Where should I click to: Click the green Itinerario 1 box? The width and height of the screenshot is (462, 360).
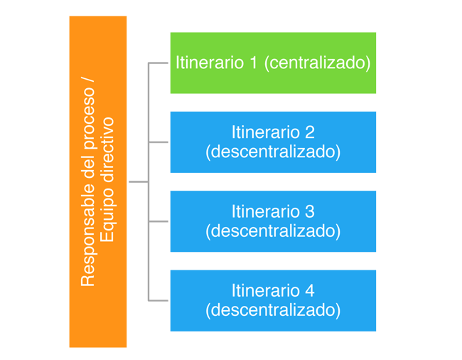273,63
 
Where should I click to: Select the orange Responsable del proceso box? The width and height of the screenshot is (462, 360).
98,182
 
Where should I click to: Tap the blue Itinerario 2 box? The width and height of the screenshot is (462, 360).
273,142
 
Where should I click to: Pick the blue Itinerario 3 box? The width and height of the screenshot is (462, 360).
273,221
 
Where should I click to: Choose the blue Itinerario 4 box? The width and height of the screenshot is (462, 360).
273,300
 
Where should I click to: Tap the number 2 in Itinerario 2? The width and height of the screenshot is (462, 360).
309,132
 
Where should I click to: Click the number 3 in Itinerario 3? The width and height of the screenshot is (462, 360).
309,211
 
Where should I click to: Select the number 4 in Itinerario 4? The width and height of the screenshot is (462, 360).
309,291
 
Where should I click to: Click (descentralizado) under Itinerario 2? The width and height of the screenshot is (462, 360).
273,152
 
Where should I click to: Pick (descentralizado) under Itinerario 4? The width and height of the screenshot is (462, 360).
273,310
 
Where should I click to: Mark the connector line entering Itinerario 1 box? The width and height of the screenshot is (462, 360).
159,63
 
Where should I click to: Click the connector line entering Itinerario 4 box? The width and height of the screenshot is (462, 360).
159,301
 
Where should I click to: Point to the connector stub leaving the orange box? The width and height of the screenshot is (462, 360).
137,182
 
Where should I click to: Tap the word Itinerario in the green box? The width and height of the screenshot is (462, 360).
209,63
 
